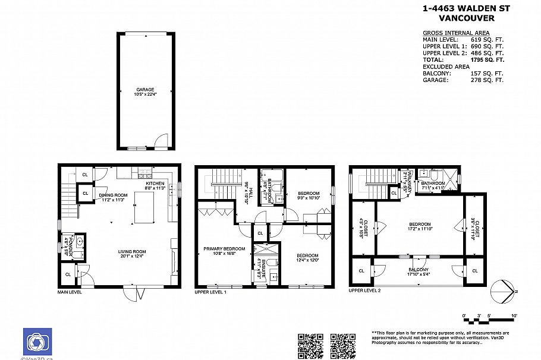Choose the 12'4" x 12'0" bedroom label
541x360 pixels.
[x=308, y=257]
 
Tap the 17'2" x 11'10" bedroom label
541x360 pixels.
[x=420, y=226]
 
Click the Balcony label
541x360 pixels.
[x=419, y=271]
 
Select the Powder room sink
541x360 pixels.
[x=80, y=242]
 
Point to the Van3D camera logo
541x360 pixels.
[x=37, y=342]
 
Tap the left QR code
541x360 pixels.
[x=310, y=345]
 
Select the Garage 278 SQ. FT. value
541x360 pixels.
[x=487, y=80]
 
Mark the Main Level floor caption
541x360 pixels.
[x=70, y=292]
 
